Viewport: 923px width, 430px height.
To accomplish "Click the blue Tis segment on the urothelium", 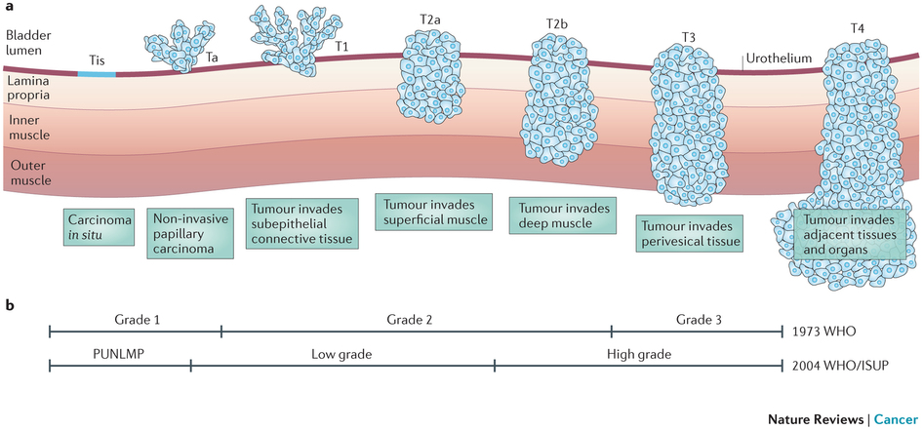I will tap(98, 72).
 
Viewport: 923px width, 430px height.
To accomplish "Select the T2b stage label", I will tap(560, 22).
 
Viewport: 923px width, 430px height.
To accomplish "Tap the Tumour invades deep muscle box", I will tap(564, 215).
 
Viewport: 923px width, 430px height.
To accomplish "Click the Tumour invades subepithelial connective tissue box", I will tap(302, 223).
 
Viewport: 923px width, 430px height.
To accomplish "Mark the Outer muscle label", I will tap(28, 174).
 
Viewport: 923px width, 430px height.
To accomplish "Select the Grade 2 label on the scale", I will tap(416, 318).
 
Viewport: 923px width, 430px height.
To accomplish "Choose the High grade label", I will tap(638, 354).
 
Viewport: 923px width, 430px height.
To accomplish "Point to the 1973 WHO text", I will tap(825, 332).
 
